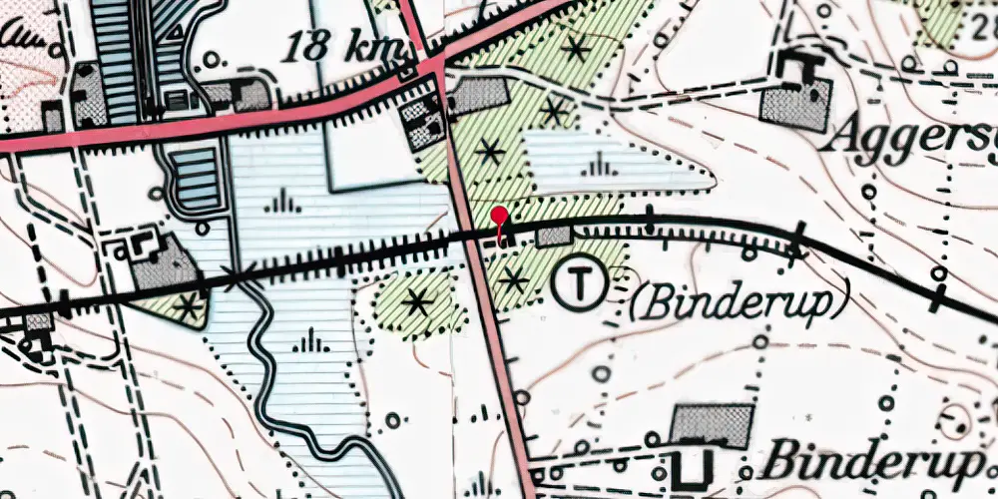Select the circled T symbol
(578, 284)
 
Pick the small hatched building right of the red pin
(554, 237)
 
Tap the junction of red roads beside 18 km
(437, 68)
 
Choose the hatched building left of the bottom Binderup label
(711, 426)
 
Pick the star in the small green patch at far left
(187, 306)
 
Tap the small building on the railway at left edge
(38, 321)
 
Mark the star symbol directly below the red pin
(513, 280)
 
